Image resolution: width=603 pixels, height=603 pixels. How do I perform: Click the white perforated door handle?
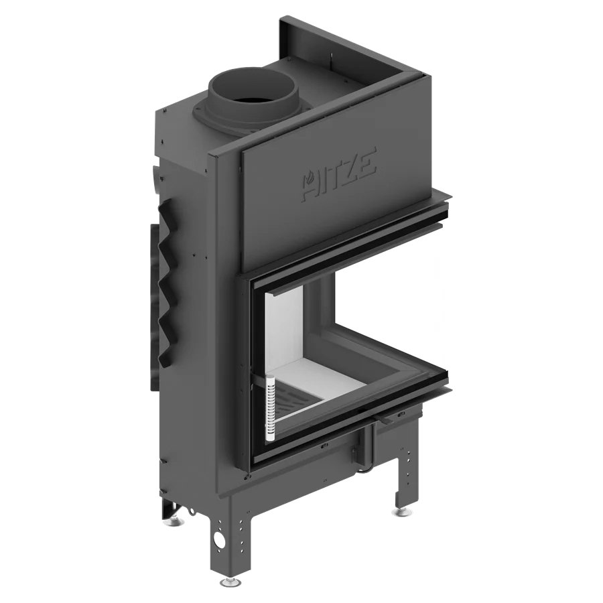pos(271,407)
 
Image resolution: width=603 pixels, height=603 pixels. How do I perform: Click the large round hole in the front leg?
pos(220,539)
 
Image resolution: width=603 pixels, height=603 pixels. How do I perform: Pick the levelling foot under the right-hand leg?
pos(401,511)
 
